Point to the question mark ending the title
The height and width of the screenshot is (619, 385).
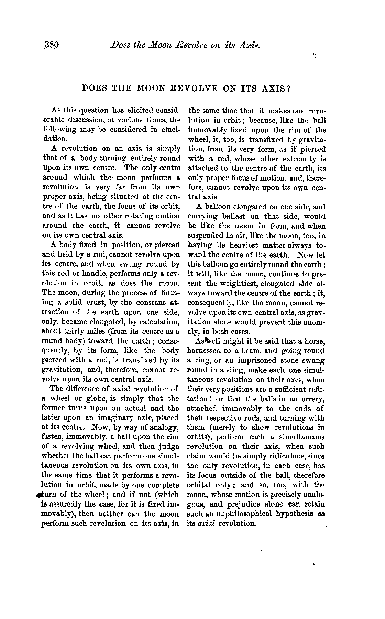click(x=289, y=88)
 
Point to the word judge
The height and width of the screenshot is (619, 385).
click(x=168, y=447)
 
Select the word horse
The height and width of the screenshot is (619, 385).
click(x=313, y=341)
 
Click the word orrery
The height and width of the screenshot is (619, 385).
click(x=312, y=399)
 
